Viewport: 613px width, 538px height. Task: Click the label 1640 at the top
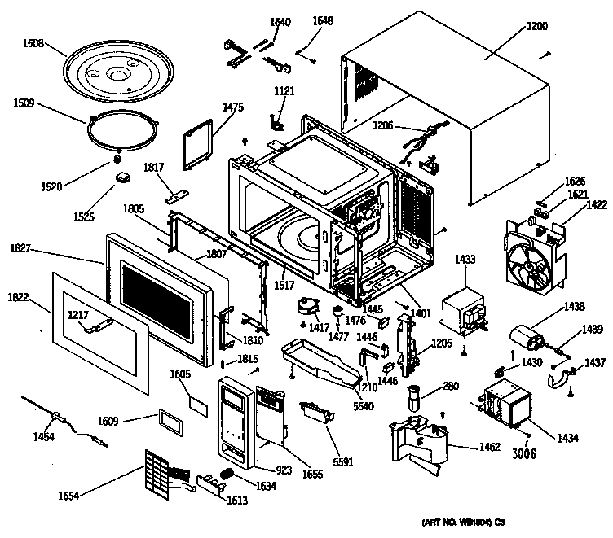pyautogui.click(x=280, y=22)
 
